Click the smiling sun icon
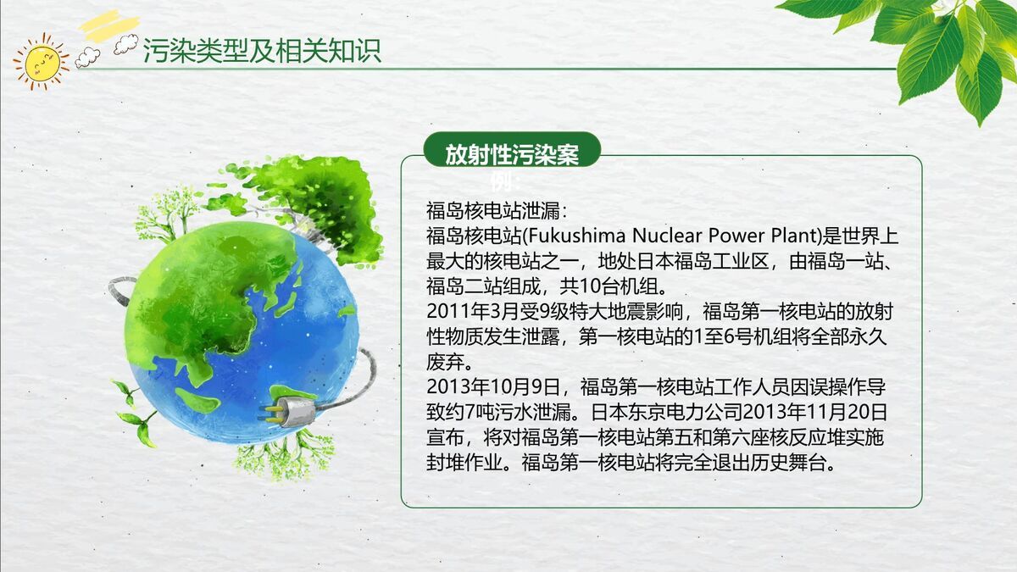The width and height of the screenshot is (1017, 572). (x=40, y=61)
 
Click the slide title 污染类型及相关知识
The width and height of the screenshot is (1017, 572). (x=262, y=51)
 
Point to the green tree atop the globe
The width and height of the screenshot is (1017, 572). (x=315, y=199)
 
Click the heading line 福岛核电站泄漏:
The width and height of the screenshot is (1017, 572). (x=490, y=209)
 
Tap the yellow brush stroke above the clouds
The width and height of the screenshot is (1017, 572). (x=108, y=23)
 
